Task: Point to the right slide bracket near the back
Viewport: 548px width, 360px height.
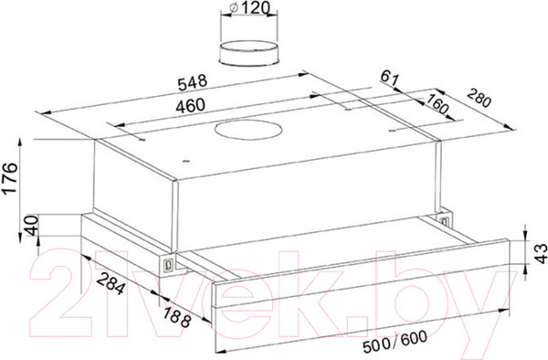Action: tap(445, 219)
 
